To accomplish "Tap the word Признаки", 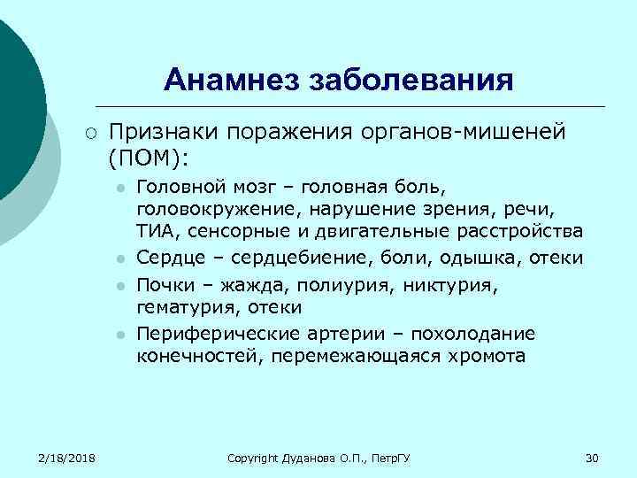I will point(163,132).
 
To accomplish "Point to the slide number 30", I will point(592,458).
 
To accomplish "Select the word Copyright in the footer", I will point(252,458).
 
